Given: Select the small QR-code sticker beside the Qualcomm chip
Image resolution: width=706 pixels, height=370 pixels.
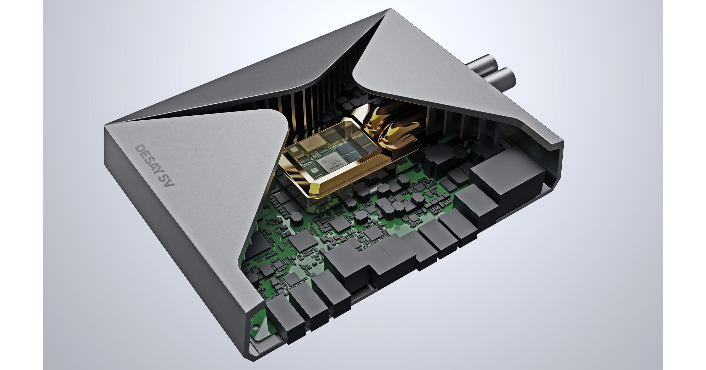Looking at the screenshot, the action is click(x=314, y=170).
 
